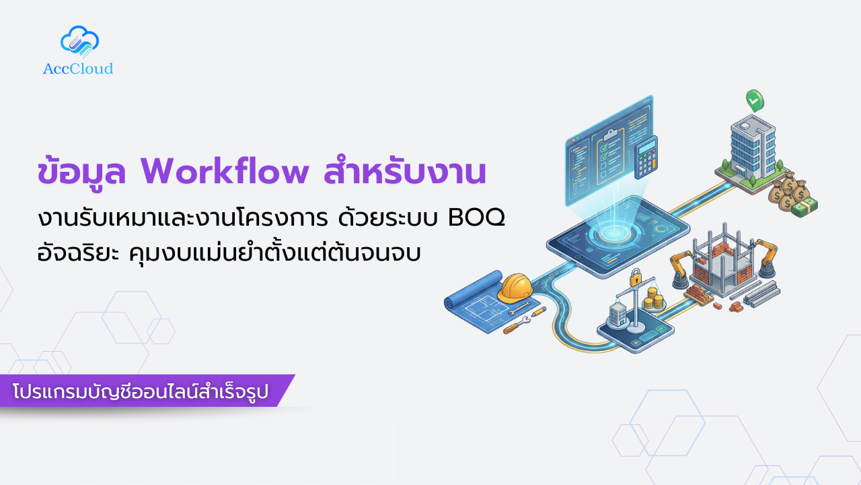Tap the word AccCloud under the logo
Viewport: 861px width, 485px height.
[x=78, y=69]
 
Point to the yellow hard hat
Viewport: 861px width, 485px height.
[x=515, y=288]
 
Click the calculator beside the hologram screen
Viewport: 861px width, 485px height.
[x=647, y=157]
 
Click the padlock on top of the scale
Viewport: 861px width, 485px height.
[x=635, y=277]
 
